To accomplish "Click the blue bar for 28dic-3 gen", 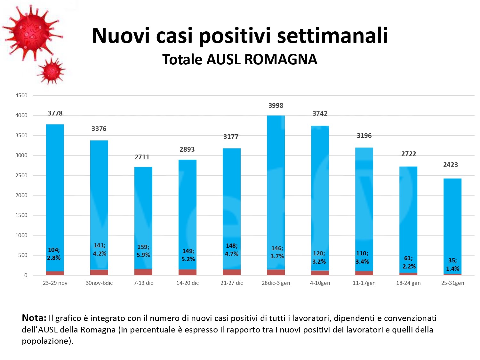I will (x=276, y=192).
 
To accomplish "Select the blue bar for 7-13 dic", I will (x=143, y=218).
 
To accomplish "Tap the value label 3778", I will (x=55, y=113).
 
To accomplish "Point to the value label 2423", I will (x=451, y=165).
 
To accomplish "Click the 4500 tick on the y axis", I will (x=21, y=95).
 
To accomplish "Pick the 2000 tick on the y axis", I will (x=21, y=195).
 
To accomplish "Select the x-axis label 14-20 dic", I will (x=188, y=283).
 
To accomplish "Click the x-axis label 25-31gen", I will (x=452, y=283).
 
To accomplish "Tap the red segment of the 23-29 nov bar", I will (x=55, y=273).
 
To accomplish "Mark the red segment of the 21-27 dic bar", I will (x=232, y=272).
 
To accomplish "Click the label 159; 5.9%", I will (x=143, y=251).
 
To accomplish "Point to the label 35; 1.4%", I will (x=452, y=265).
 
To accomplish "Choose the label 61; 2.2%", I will (x=409, y=262).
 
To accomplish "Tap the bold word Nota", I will (x=34, y=318).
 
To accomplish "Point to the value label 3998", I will (x=276, y=106).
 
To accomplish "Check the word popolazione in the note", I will (x=45, y=341).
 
